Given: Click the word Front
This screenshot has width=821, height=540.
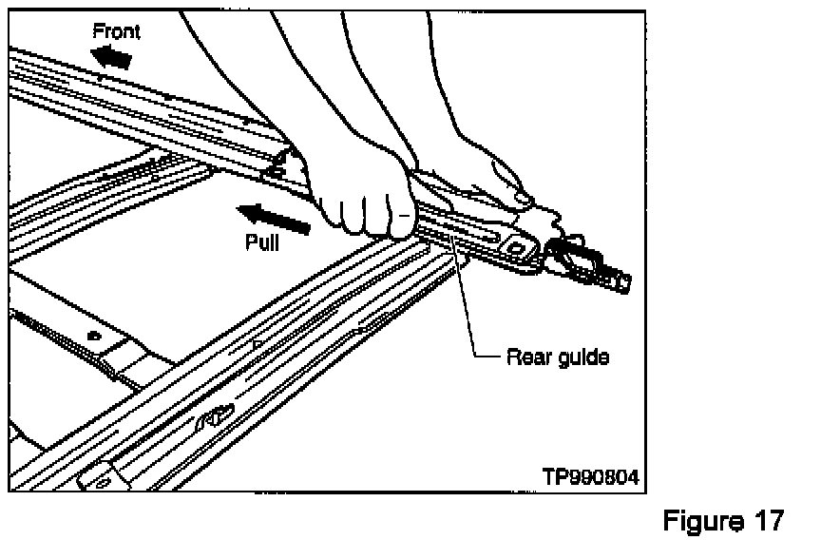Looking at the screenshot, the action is tap(116, 31).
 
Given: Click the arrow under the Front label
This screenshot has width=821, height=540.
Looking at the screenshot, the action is tap(112, 59).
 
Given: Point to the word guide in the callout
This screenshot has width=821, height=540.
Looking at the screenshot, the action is tap(582, 358).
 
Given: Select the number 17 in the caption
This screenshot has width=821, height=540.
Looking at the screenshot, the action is tap(769, 520).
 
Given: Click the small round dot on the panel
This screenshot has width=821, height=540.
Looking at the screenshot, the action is tap(93, 336).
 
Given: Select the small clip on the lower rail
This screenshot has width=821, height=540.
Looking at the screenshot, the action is tap(216, 415).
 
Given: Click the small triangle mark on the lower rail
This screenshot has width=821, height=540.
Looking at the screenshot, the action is tap(258, 339).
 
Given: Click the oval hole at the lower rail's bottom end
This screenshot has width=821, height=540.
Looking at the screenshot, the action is tap(98, 483).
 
